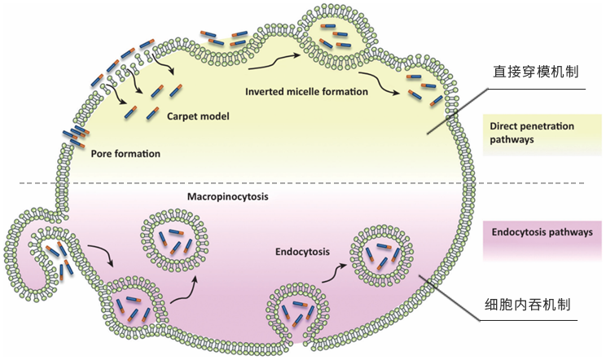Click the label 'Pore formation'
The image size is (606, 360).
[x=125, y=153]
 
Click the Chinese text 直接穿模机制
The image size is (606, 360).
[x=536, y=71]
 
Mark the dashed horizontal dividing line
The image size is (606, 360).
[x=244, y=183]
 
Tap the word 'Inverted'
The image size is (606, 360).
[x=265, y=91]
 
